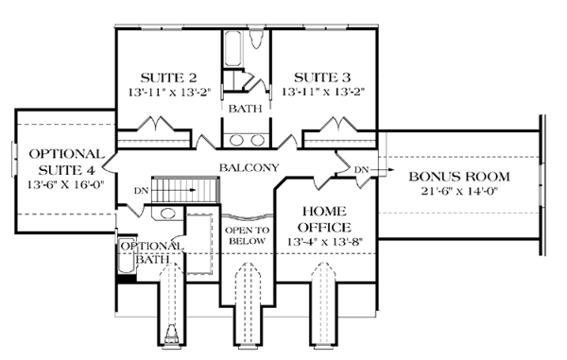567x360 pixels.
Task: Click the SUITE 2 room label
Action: [x=166, y=77]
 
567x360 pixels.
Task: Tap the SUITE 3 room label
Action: [x=323, y=77]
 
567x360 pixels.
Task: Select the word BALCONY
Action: [x=248, y=167]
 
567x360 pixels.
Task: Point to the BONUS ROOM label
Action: [x=458, y=177]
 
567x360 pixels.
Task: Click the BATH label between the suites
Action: [x=246, y=109]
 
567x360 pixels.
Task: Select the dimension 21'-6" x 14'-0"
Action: [x=458, y=193]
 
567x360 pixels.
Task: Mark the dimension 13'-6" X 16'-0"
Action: [x=64, y=185]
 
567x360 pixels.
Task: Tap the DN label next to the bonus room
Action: [x=360, y=169]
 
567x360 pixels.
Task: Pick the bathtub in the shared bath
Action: [x=246, y=43]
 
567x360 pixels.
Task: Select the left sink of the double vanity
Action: [x=235, y=140]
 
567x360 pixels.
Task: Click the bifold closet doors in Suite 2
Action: [x=154, y=125]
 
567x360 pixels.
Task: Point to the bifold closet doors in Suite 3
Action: [x=335, y=125]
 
